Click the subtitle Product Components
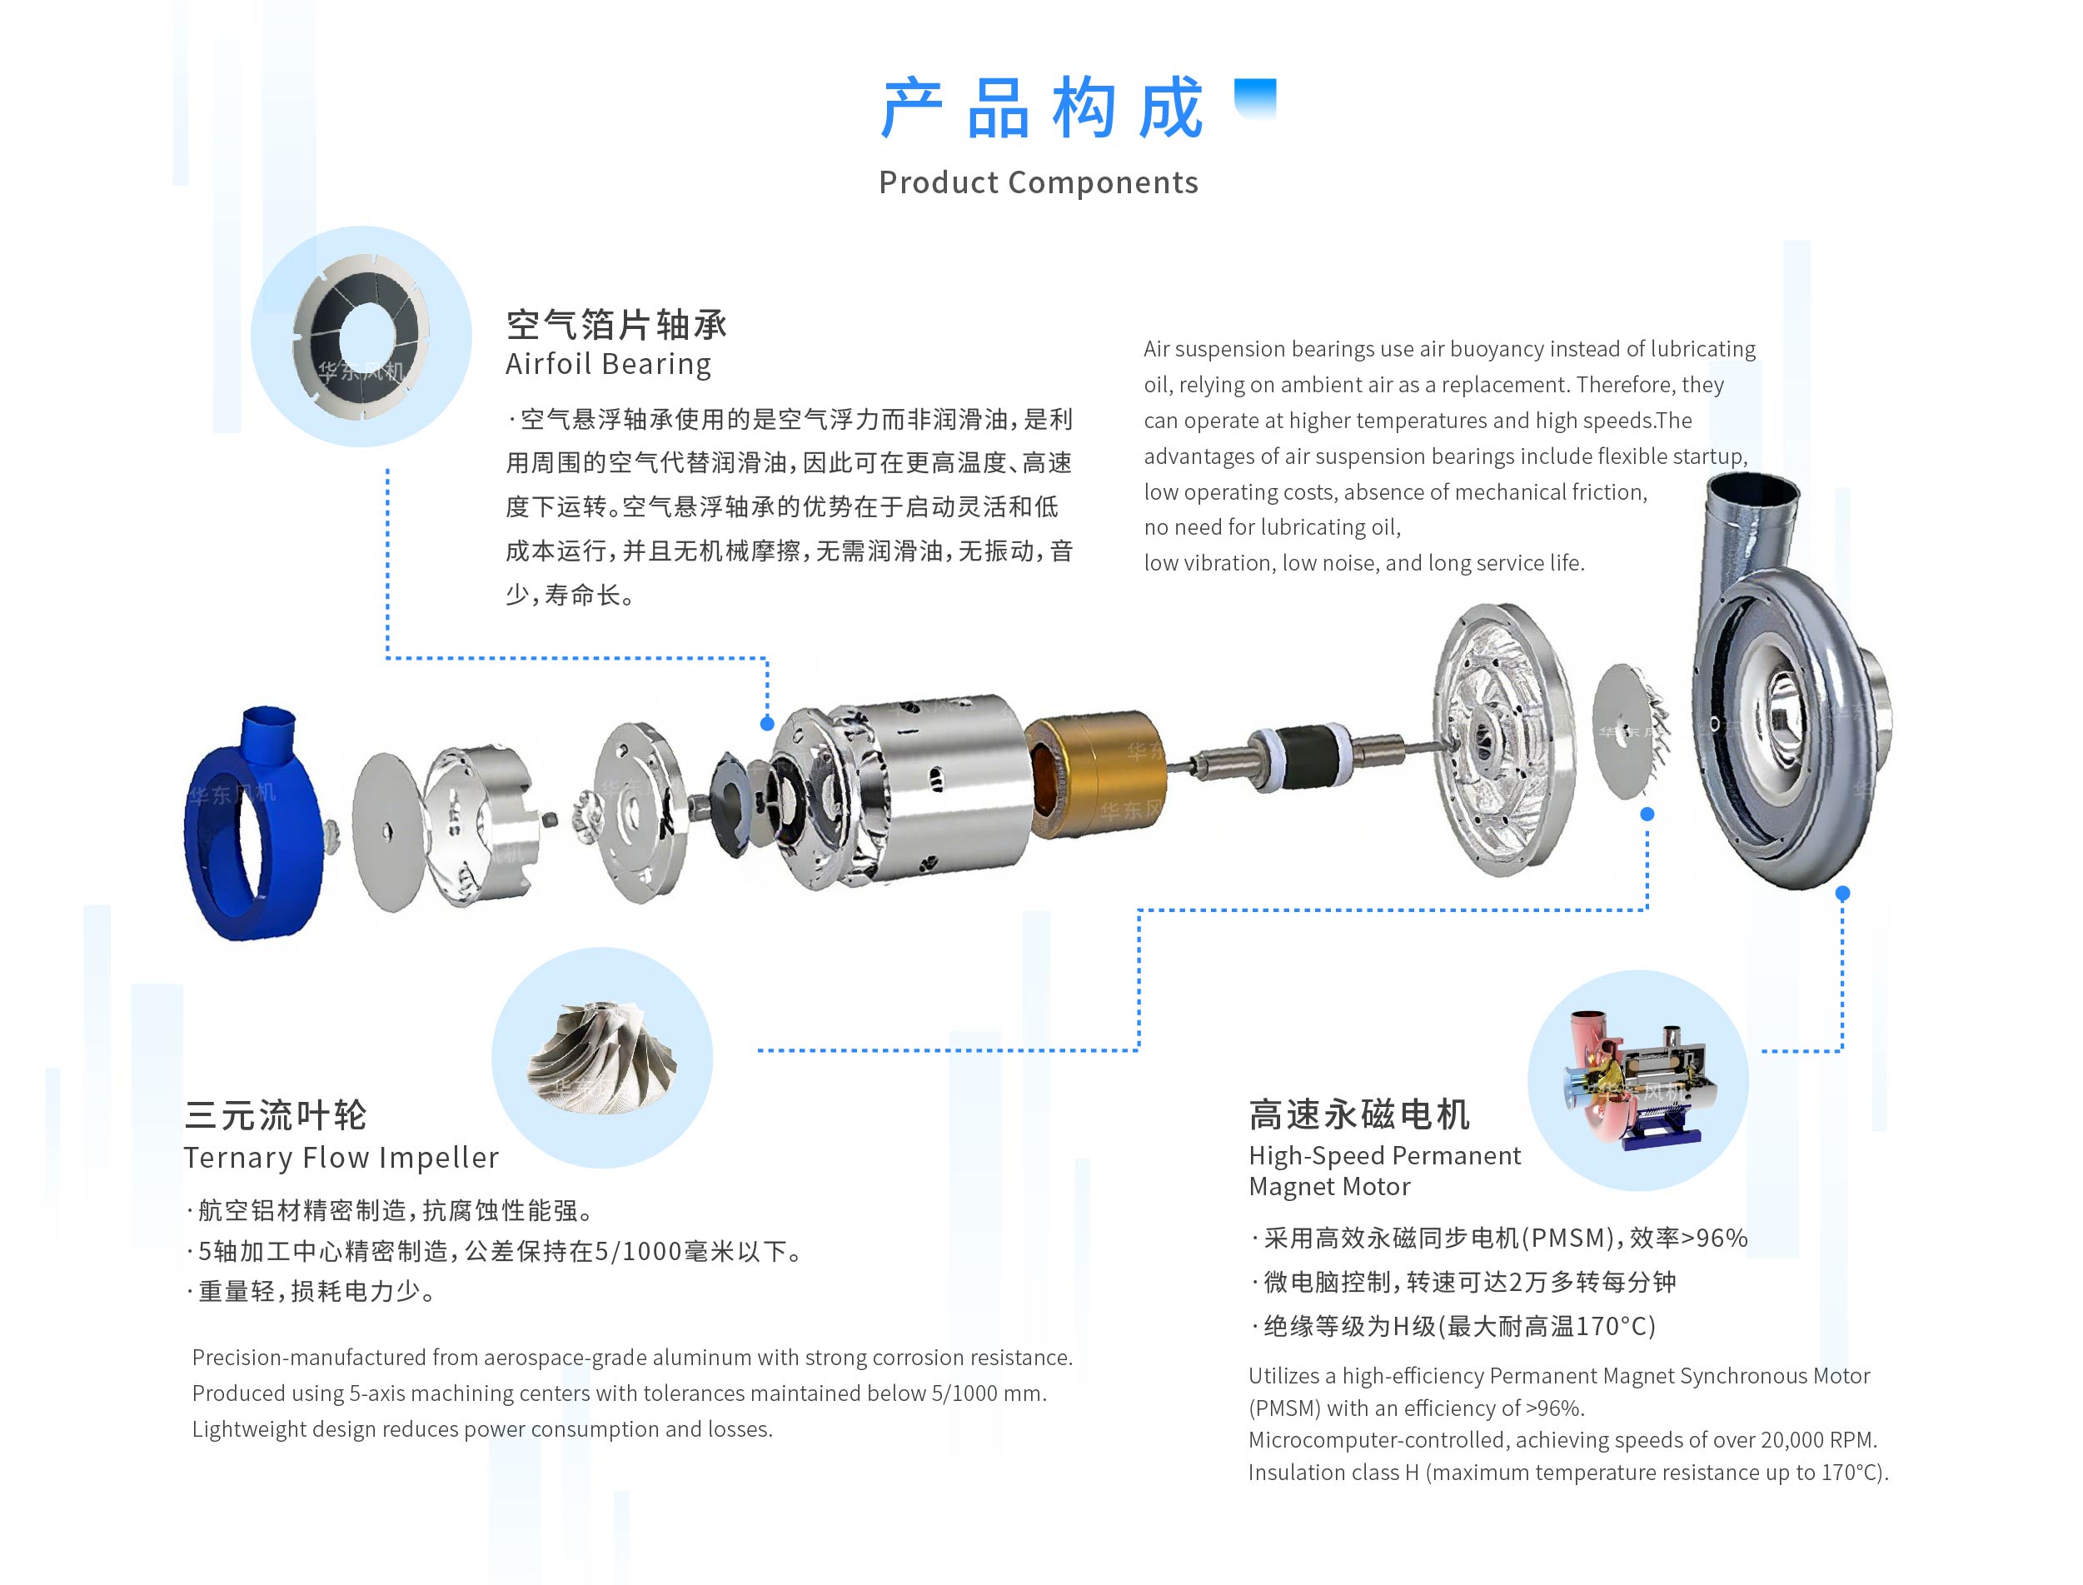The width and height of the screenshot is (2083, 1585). (x=1039, y=182)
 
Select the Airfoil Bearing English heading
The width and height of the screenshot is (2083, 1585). (x=609, y=364)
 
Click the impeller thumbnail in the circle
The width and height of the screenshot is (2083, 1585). (x=602, y=1057)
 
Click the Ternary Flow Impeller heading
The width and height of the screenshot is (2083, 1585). (x=341, y=1158)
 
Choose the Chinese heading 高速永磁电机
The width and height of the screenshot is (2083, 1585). (x=1359, y=1114)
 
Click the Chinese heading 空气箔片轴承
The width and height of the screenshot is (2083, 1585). (x=617, y=325)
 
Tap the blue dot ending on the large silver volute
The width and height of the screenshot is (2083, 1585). (x=1842, y=893)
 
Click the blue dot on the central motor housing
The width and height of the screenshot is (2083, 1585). (x=767, y=724)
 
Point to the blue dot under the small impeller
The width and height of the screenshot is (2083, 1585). (x=1647, y=813)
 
